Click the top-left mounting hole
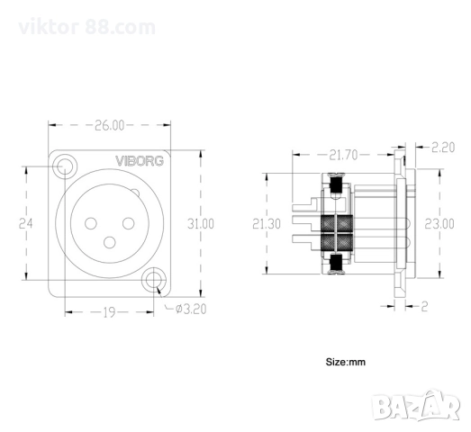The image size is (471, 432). (64, 166)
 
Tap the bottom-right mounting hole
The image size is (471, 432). (158, 281)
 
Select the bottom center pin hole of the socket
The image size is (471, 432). (111, 242)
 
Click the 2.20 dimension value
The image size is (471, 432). (443, 147)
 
